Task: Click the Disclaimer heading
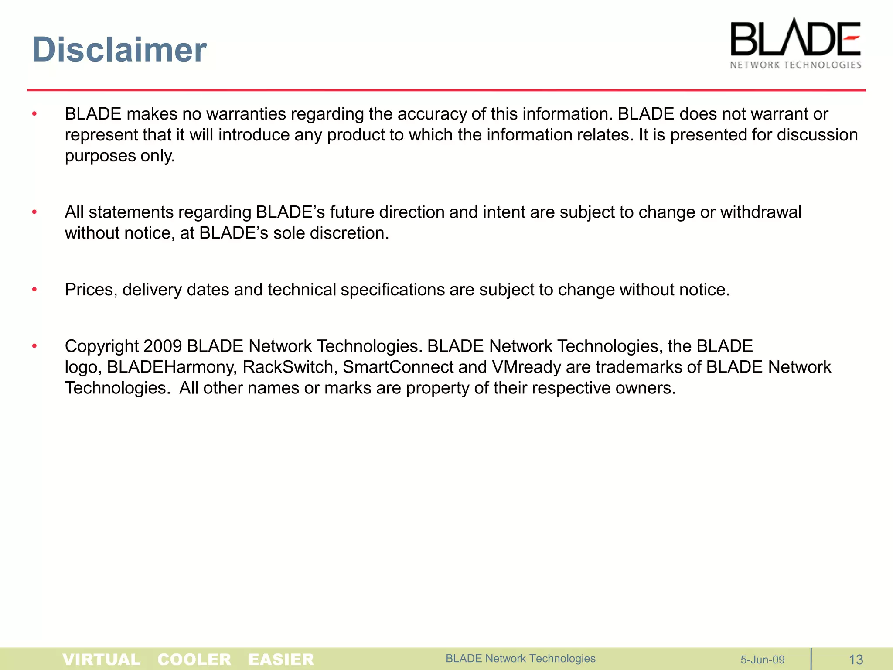pyautogui.click(x=119, y=49)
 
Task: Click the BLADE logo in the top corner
pyautogui.click(x=795, y=38)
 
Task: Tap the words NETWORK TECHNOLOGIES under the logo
pyautogui.click(x=795, y=65)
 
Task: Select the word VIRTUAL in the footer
pyautogui.click(x=102, y=659)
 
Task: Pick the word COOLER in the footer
pyautogui.click(x=194, y=659)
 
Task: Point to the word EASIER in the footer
pyautogui.click(x=281, y=659)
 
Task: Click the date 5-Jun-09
pyautogui.click(x=762, y=660)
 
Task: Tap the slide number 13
pyautogui.click(x=856, y=660)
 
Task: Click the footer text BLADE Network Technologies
pyautogui.click(x=520, y=658)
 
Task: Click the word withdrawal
pyautogui.click(x=760, y=212)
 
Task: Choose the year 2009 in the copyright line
pyautogui.click(x=162, y=346)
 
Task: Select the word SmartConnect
pyautogui.click(x=398, y=367)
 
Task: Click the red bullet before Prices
pyautogui.click(x=34, y=290)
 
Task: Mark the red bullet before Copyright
pyautogui.click(x=34, y=346)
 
